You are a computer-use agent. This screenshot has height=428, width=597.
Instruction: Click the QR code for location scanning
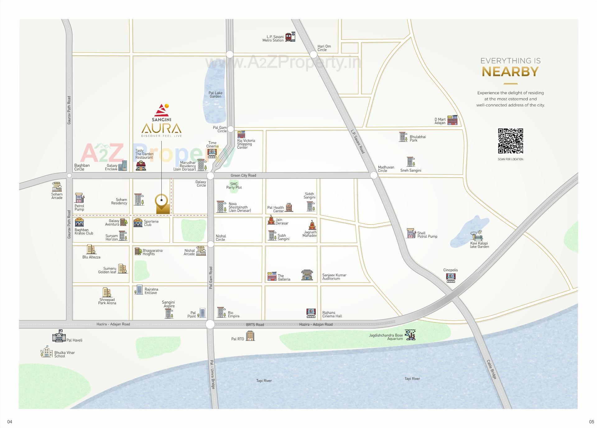click(510, 141)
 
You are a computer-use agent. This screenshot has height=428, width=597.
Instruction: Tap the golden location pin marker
click(162, 203)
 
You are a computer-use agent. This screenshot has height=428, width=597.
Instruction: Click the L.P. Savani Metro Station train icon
click(290, 37)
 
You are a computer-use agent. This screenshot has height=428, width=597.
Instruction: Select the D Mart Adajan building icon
click(452, 120)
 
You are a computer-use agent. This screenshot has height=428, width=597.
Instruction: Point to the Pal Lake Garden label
click(215, 95)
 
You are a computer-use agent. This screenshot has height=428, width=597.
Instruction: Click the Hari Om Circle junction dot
click(313, 54)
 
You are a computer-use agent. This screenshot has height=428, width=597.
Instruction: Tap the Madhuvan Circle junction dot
click(374, 175)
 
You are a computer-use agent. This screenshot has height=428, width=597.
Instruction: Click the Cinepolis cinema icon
click(451, 277)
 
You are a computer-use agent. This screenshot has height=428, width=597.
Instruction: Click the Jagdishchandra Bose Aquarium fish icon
click(410, 335)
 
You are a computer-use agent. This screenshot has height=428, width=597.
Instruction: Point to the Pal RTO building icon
click(250, 336)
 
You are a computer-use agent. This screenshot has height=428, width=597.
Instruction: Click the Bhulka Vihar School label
click(64, 354)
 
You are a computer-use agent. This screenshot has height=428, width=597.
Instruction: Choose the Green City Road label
click(243, 175)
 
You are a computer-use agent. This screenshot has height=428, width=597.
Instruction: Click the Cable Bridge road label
click(492, 369)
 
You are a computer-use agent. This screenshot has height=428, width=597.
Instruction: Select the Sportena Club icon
click(138, 223)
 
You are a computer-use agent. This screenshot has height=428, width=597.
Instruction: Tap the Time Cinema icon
click(212, 153)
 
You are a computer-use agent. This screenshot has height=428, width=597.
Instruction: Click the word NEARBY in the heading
click(510, 72)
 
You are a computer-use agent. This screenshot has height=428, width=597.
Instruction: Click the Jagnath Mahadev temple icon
click(312, 225)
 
